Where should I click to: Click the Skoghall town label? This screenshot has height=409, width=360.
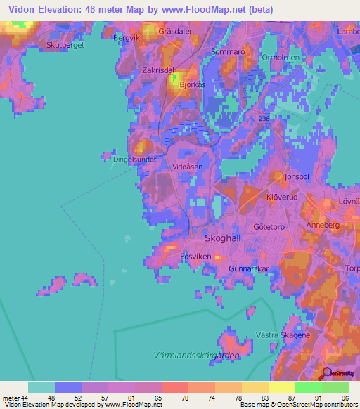(x=222, y=238)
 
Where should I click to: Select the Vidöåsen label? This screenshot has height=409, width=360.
(x=188, y=167)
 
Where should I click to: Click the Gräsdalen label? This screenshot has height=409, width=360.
(x=176, y=32)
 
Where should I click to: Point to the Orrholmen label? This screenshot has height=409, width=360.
(x=280, y=58)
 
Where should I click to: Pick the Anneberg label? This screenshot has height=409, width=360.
(x=323, y=225)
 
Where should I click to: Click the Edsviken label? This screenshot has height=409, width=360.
(x=195, y=257)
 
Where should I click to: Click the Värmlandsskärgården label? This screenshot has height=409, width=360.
(x=196, y=356)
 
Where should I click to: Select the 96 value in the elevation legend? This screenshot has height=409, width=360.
(x=345, y=397)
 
